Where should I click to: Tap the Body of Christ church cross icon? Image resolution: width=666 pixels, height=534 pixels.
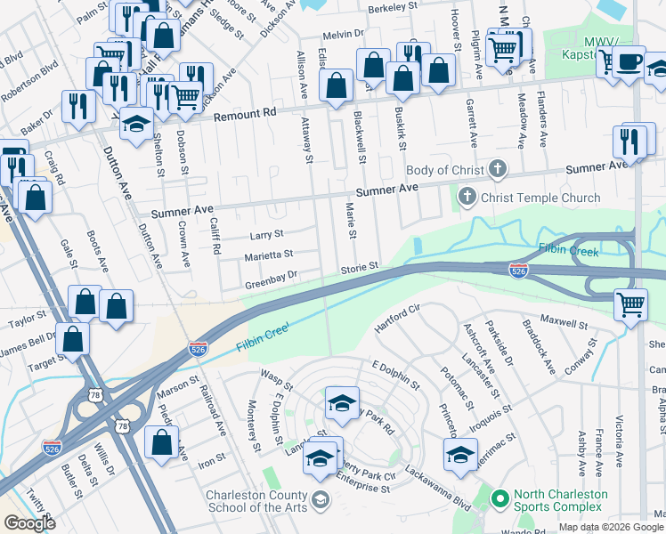pos(498,169)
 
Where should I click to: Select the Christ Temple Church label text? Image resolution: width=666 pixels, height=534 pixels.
pos(540,198)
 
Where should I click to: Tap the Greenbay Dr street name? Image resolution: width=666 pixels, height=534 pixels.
pos(270,285)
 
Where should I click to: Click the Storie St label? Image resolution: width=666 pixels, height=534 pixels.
pos(361,266)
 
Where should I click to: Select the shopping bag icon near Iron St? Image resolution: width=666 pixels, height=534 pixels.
pos(161,441)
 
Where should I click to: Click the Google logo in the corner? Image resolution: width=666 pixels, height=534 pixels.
pos(29,523)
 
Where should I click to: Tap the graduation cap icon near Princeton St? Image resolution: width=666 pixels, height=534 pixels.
pos(460,455)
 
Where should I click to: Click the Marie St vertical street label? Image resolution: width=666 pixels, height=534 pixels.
pos(350,222)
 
